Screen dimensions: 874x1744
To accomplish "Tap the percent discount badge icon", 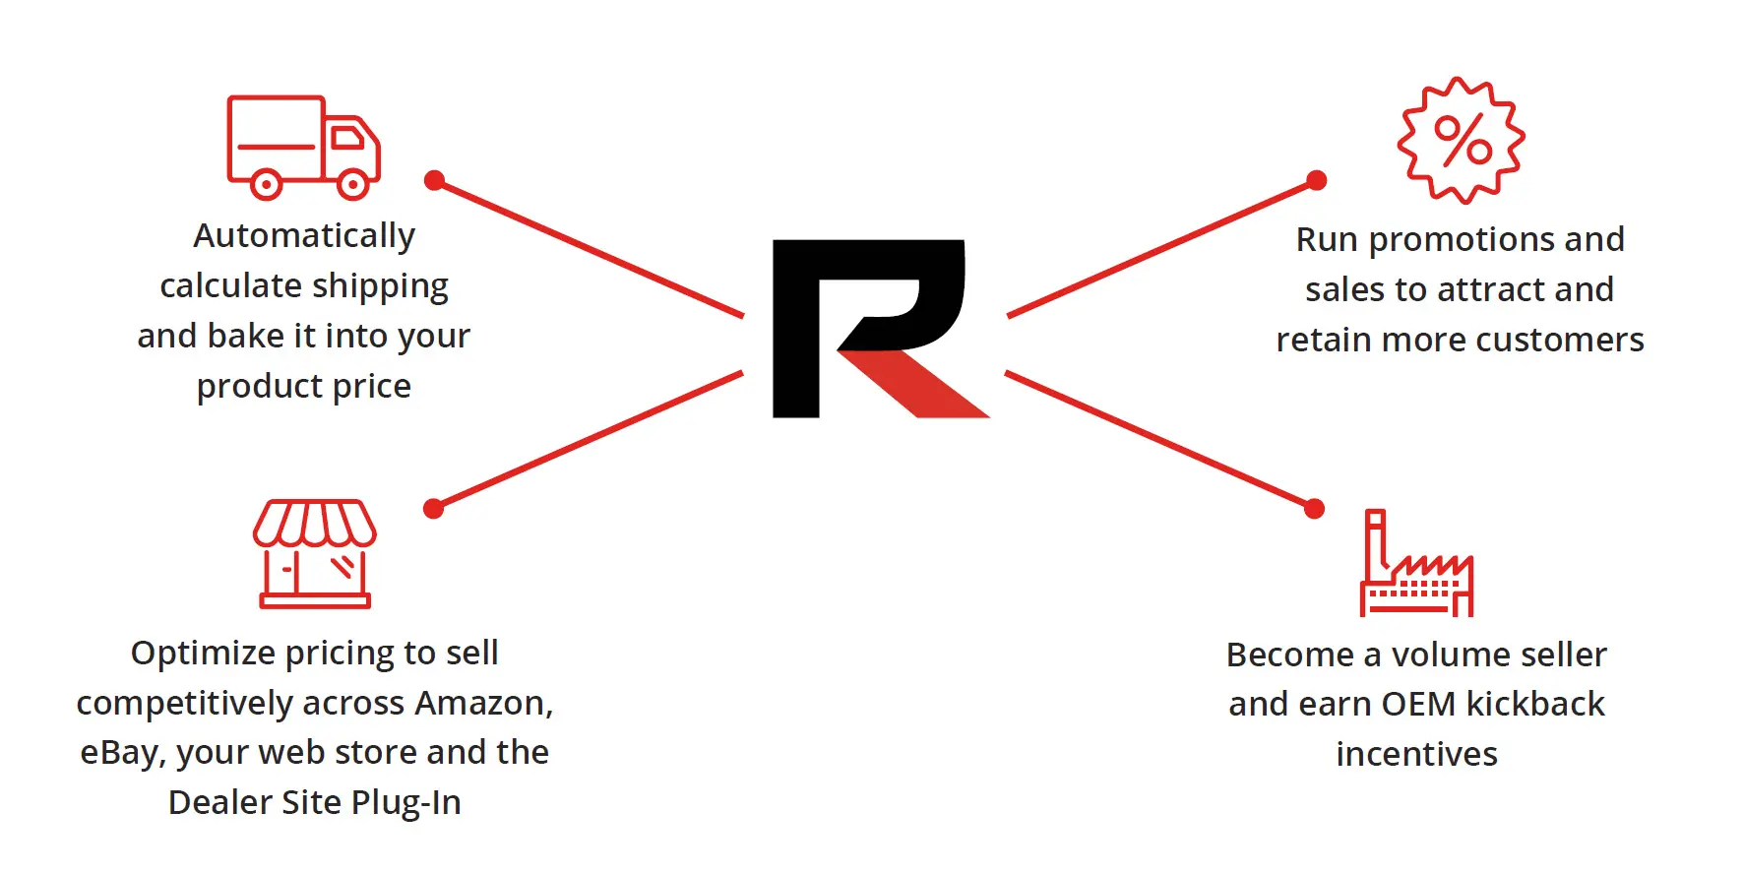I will coord(1462,141).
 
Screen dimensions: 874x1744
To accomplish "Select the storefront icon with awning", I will coord(315,554).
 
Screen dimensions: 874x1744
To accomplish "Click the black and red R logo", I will coord(876,328).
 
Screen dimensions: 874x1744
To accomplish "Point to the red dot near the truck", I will coord(434,180).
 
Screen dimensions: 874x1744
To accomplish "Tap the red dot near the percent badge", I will coord(1316,180).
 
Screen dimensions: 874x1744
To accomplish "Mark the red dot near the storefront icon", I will coord(433,508).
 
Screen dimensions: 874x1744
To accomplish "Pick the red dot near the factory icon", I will coord(1314,508).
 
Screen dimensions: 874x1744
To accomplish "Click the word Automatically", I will coord(304,236).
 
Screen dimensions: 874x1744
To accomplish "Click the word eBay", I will coord(121,753).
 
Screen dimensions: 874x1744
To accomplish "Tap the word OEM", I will coord(1418,705).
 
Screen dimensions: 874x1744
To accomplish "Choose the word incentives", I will coord(1416,754).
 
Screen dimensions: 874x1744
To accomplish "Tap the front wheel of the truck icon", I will coord(353,183).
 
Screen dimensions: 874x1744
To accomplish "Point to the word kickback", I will coord(1534,705).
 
